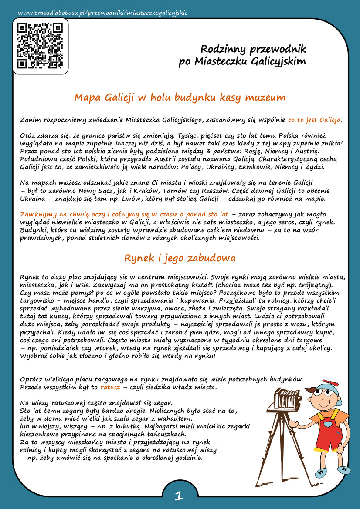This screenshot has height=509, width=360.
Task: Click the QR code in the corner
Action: pos(40,46)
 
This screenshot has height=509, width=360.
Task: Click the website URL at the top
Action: pos(103,13)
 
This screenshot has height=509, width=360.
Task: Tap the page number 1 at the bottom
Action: pos(178,495)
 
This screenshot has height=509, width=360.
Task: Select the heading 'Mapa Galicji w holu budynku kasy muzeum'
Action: pos(180,97)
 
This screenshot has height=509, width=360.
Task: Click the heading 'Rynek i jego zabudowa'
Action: pos(180,258)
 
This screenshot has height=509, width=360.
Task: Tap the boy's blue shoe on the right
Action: pos(343,470)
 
